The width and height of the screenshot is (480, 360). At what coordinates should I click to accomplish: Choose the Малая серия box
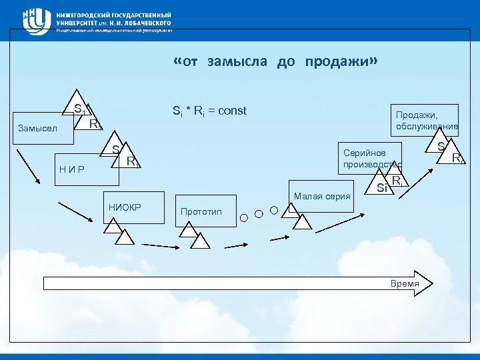[320, 196]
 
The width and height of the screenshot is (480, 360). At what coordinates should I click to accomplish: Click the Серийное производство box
[369, 158]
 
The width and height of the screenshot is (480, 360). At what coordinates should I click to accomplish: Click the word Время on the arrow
[405, 284]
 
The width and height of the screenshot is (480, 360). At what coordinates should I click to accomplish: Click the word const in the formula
[233, 111]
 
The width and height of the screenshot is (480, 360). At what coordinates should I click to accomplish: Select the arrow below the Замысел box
[28, 168]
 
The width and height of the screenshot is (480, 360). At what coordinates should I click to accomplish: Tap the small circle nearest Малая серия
[274, 210]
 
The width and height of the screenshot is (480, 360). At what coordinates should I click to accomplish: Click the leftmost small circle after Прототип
[244, 217]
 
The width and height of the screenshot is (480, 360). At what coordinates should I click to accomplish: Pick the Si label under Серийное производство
[382, 187]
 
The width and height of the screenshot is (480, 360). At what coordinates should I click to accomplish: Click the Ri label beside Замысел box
[95, 123]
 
